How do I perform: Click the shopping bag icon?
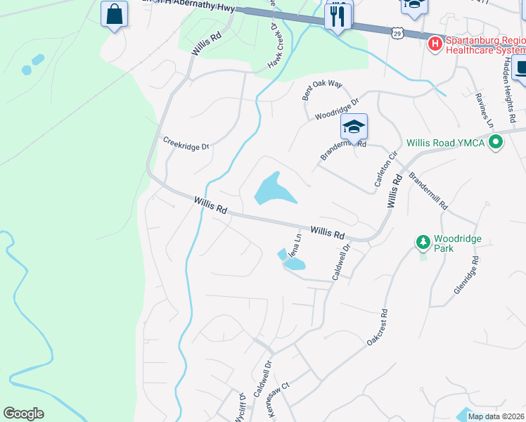(x=114, y=14)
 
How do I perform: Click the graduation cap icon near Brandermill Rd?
(x=354, y=127)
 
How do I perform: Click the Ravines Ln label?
(x=484, y=110)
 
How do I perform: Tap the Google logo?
(x=23, y=414)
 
